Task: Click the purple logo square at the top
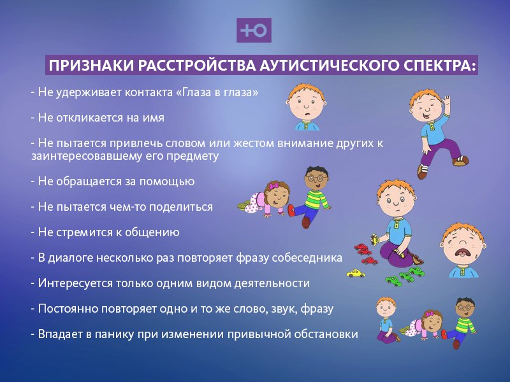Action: (254, 30)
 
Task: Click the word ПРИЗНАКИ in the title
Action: (91, 66)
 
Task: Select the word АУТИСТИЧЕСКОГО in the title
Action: (330, 66)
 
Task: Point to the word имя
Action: (153, 118)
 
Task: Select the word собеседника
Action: (307, 258)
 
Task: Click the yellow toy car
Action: (356, 273)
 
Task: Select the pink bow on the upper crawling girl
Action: (272, 186)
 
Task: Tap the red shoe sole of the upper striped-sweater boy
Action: (306, 222)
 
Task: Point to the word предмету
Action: (193, 156)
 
